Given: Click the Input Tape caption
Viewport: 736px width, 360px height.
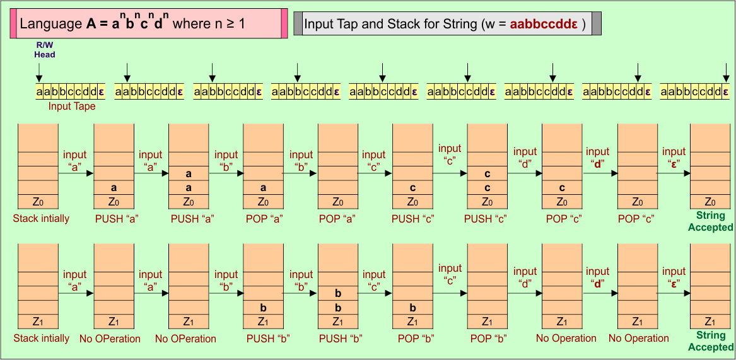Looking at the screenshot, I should coord(72,107).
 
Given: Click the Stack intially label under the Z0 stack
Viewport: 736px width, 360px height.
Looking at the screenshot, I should coord(41,219).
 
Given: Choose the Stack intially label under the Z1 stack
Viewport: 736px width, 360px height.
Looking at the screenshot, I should coord(42,339).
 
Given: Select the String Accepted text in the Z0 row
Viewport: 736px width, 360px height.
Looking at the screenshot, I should coord(710,221).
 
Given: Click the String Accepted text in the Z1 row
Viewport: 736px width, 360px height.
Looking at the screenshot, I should coord(710,341).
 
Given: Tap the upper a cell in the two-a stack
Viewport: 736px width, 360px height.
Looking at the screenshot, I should coord(189,173).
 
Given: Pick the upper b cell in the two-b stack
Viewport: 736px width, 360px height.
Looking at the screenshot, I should coord(338,293).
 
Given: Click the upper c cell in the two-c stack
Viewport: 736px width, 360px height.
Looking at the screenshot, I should coord(487,173).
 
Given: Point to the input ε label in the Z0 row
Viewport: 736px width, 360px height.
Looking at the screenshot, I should coord(674,157).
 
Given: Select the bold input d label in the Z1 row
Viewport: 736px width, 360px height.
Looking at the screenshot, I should coord(597,277).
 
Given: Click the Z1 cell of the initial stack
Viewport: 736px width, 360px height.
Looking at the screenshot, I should coord(38,322).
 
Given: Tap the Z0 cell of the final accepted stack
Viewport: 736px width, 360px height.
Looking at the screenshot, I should coord(710,202).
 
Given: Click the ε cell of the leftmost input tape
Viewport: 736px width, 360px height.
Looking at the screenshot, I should coord(102,92).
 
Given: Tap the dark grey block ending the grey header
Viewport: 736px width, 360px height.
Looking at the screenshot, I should coord(596,23).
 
